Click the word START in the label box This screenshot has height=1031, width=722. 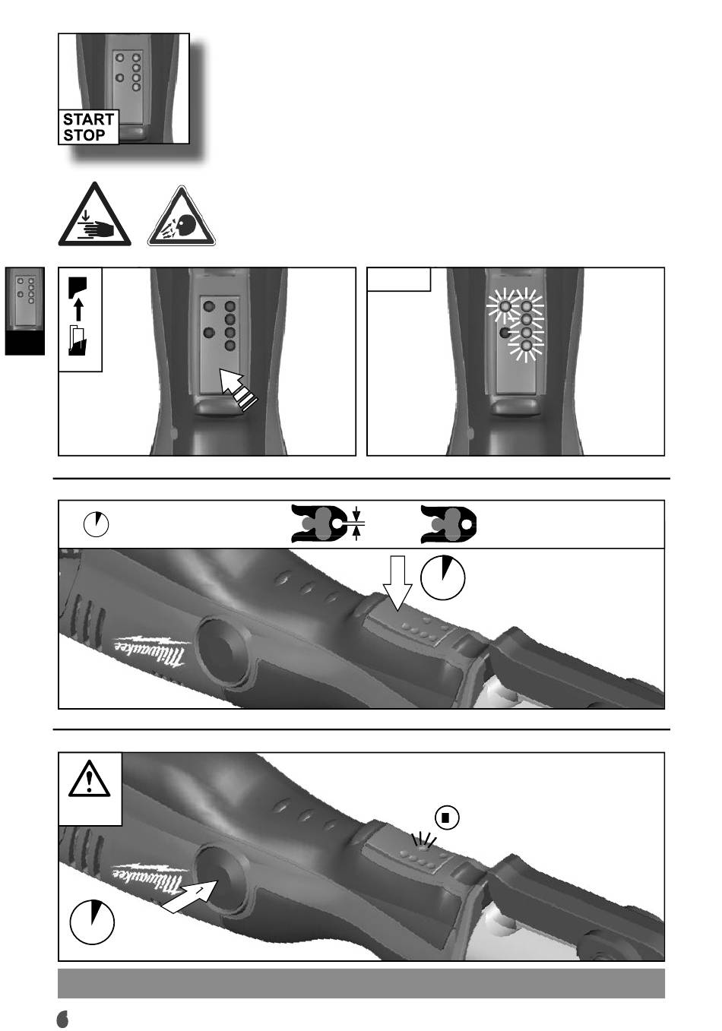(x=88, y=120)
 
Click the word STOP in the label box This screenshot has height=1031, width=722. (x=84, y=135)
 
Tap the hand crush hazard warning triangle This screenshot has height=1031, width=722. (x=94, y=214)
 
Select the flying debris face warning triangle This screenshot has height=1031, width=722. (x=182, y=217)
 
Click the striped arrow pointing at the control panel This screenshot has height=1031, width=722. (x=238, y=390)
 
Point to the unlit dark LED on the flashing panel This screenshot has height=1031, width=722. (x=505, y=332)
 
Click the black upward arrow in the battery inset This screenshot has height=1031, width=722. (x=79, y=309)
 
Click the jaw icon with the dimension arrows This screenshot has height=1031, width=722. (x=328, y=523)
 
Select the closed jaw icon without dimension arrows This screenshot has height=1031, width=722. (x=448, y=524)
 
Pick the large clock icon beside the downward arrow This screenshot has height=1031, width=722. (x=442, y=577)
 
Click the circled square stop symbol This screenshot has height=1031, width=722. (x=447, y=818)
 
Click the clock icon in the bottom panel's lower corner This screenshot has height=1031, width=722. (x=92, y=922)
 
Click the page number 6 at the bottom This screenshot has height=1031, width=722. (x=62, y=1019)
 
